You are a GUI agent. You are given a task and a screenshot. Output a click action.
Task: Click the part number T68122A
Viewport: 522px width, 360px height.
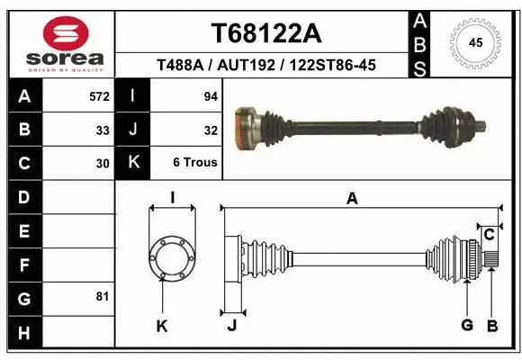tap(265, 33)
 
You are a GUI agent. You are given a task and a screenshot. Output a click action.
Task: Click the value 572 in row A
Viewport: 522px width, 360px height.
tap(100, 95)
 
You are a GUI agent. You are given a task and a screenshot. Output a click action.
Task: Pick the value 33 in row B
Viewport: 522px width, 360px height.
tap(103, 130)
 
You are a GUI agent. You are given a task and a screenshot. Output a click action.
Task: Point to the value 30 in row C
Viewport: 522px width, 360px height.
tap(103, 164)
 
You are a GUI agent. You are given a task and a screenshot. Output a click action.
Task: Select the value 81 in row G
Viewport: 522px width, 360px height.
tap(103, 296)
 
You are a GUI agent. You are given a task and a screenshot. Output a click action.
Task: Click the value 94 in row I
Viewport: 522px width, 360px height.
tap(211, 95)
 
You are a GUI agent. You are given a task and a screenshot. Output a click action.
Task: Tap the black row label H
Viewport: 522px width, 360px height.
tap(23, 335)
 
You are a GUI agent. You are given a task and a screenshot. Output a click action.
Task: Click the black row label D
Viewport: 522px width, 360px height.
tap(23, 196)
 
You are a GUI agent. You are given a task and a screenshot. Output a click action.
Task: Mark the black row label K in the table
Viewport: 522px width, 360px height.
tap(133, 163)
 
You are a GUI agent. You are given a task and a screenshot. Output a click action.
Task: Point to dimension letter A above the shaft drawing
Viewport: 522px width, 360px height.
tap(352, 199)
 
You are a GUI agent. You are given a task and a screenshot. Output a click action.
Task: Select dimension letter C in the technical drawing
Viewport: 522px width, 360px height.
tap(489, 235)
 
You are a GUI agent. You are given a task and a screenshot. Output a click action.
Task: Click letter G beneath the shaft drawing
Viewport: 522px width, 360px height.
tap(467, 325)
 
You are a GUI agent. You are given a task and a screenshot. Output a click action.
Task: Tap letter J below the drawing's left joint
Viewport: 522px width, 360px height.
tap(231, 326)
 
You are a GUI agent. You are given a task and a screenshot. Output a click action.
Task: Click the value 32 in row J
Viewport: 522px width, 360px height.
tap(211, 130)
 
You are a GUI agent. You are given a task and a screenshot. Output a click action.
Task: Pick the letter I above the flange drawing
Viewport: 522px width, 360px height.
tap(171, 197)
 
